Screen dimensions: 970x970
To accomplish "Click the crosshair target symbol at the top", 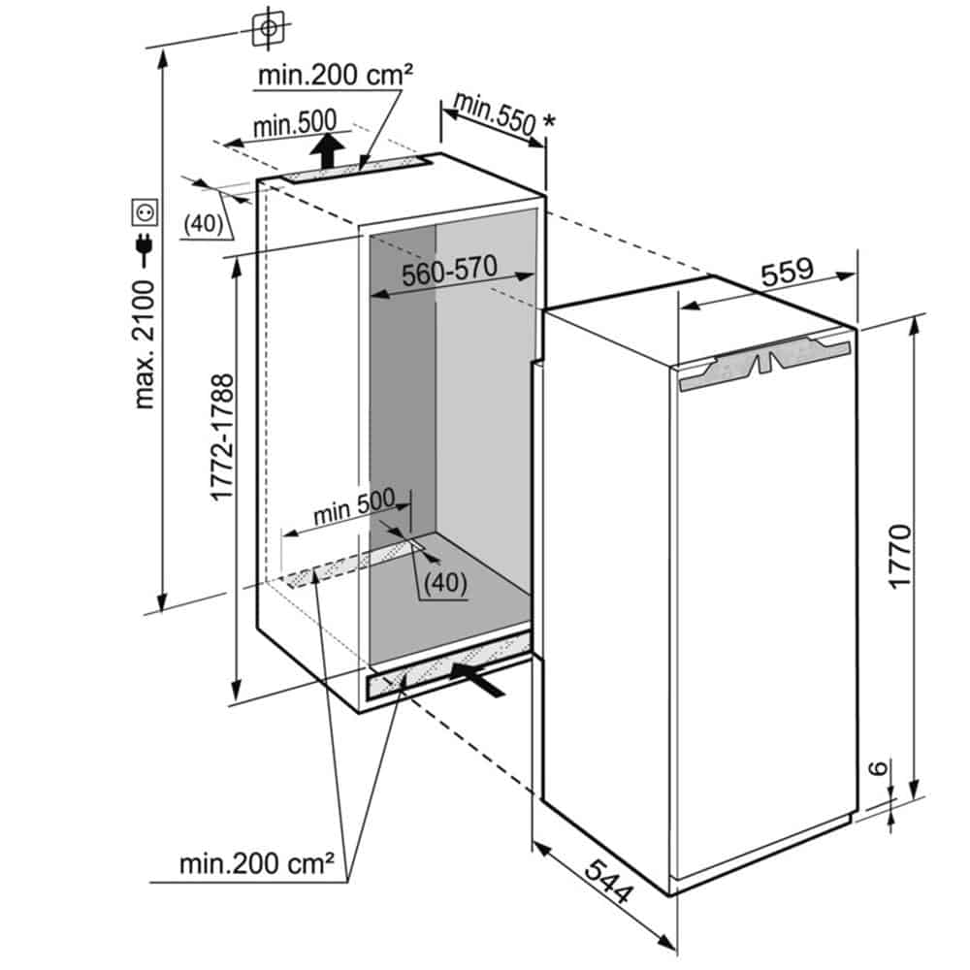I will pyautogui.click(x=267, y=28).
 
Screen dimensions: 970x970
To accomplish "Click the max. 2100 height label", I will pyautogui.click(x=145, y=344).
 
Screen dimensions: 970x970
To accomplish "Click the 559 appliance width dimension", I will pyautogui.click(x=786, y=272).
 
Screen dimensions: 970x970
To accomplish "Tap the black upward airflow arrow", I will pyautogui.click(x=330, y=149).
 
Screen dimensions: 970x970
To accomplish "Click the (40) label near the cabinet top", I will pyautogui.click(x=204, y=223).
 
